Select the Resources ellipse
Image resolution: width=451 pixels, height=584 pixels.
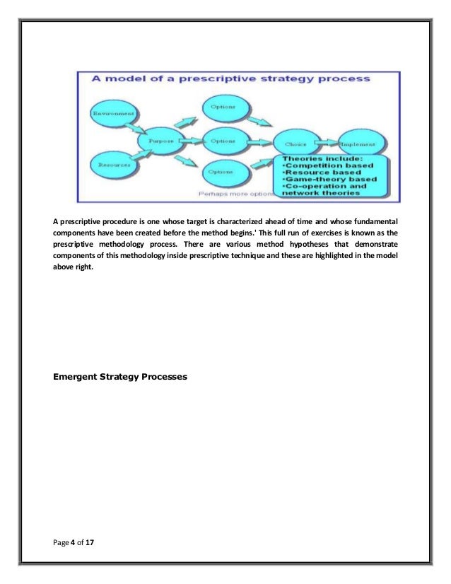coord(112,165)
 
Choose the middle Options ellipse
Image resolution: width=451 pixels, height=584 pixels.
coord(223,140)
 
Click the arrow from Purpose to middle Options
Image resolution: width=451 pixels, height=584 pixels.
coord(190,141)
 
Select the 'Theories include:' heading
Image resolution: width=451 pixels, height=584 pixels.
coord(322,158)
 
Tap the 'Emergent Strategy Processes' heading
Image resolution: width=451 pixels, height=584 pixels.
coord(121,377)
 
